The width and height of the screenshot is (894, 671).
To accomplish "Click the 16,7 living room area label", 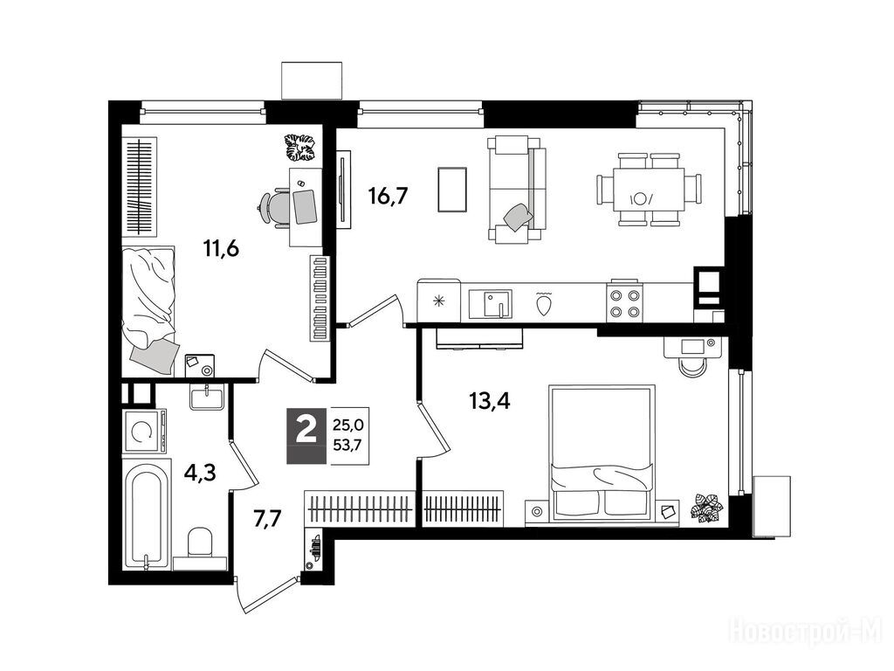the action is pos(389,197).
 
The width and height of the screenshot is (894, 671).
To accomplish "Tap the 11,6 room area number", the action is pos(221,248).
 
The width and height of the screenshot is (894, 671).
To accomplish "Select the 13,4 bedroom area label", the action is pos(489,401).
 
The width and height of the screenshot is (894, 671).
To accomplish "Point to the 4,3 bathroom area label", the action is pos(200,473).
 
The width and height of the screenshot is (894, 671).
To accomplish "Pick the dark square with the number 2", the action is pos(306,430).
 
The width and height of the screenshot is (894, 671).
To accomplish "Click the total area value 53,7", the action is pos(348,445).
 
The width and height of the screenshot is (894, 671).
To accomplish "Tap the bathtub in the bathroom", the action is pos(147,517).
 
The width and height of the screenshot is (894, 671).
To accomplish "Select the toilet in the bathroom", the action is pos(200,545).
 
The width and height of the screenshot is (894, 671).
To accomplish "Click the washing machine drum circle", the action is pos(141,432).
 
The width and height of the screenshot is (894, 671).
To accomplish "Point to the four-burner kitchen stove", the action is pos(623,303).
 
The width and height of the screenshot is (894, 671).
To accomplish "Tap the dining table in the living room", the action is pos(649,190).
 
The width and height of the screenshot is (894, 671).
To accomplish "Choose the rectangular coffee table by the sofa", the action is pos(453,190).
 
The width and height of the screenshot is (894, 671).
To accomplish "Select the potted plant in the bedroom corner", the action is pos(707,508).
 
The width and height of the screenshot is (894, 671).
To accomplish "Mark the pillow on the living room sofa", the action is pos(519,218).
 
